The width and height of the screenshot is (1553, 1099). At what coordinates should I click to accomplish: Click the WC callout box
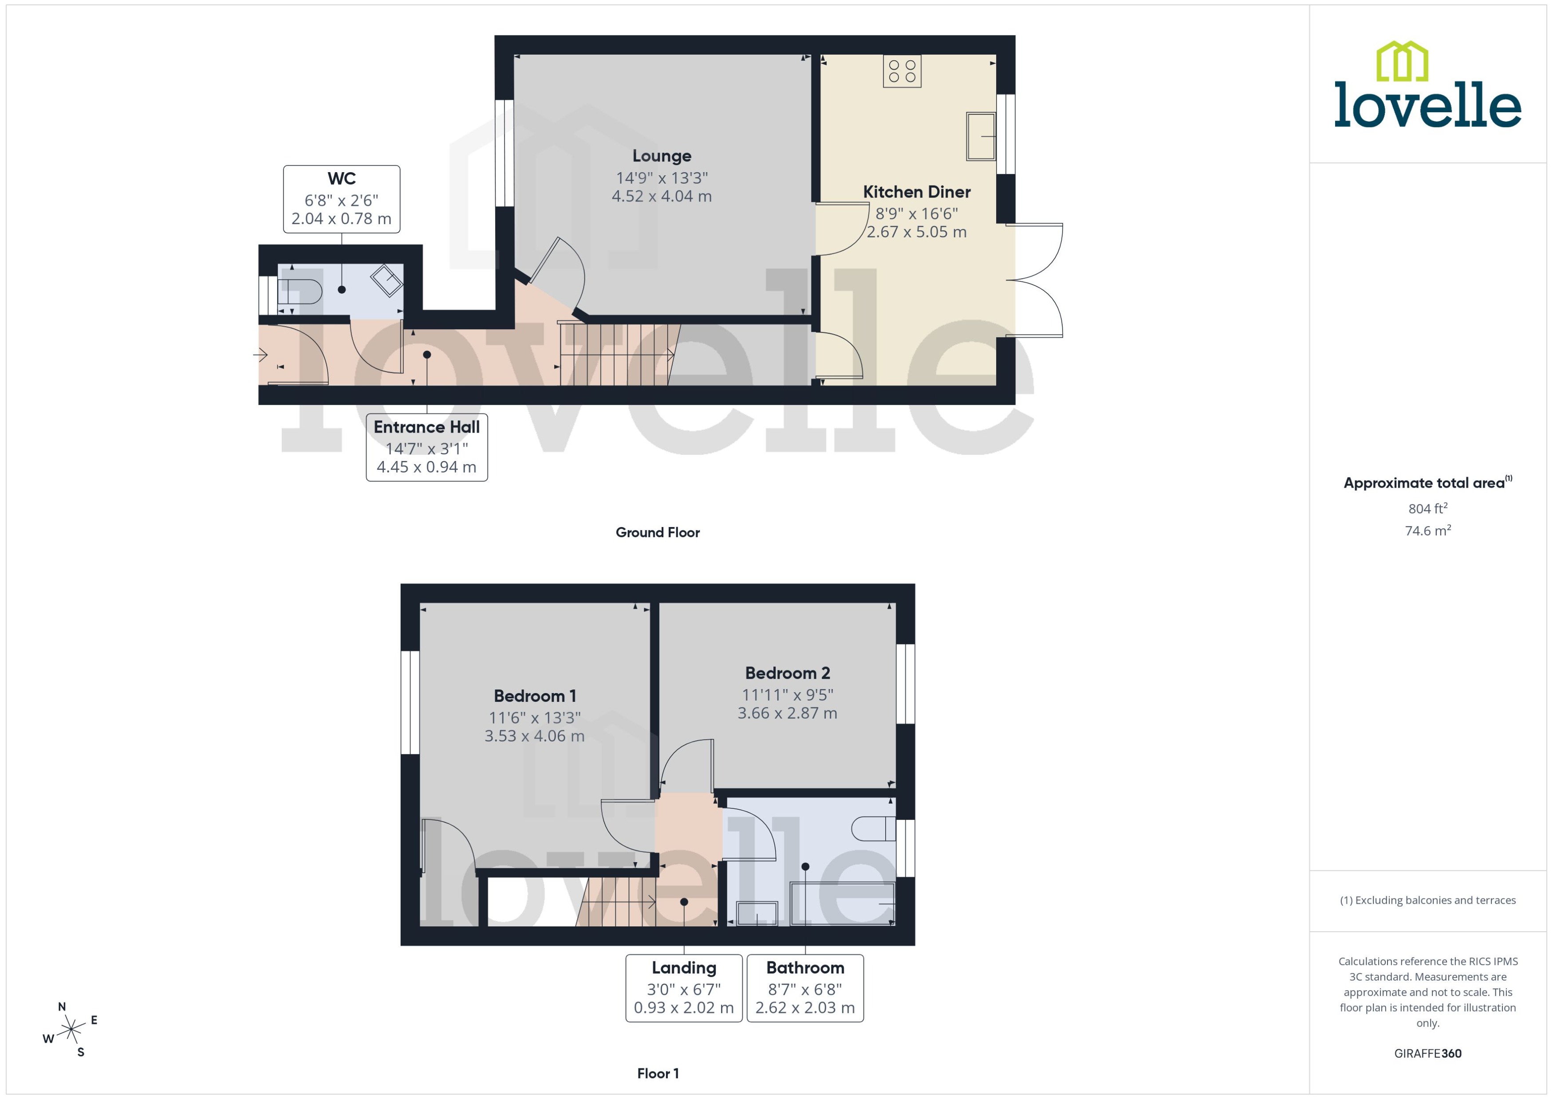(x=341, y=199)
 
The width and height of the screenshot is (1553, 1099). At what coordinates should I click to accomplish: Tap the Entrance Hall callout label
(x=426, y=447)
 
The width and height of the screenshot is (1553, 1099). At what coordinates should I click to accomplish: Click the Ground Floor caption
(x=657, y=532)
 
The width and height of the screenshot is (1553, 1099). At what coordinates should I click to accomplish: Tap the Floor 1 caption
(x=657, y=1073)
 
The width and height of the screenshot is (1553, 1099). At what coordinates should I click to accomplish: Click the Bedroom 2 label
(x=787, y=673)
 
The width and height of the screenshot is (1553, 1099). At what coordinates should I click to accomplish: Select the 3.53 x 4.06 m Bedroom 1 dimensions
(x=534, y=736)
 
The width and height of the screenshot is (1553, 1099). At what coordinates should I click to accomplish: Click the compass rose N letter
(x=62, y=1006)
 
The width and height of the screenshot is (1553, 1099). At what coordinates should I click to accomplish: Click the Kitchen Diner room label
(x=916, y=192)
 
